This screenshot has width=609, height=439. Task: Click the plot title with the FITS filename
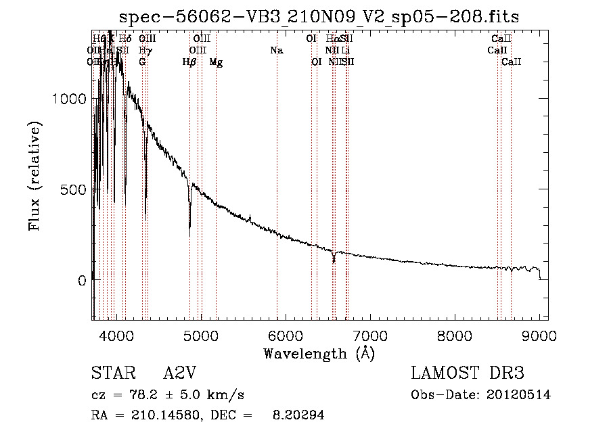point(319,18)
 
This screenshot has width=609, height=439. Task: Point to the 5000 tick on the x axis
point(201,336)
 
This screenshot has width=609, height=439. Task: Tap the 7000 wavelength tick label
point(370,336)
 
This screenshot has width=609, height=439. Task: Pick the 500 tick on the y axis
point(74,189)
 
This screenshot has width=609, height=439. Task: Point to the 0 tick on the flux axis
point(81,280)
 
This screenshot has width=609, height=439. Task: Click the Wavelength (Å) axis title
point(319,353)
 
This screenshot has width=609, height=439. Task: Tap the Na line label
point(276,51)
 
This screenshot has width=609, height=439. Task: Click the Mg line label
point(216,62)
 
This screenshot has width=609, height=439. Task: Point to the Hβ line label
point(189,62)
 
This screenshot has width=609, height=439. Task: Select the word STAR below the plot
point(110,373)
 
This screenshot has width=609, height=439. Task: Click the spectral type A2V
point(179,373)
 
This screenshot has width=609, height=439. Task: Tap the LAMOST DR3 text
point(468,373)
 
